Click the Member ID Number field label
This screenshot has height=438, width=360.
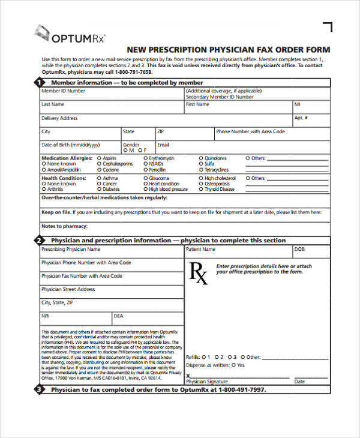pyautogui.click(x=63, y=91)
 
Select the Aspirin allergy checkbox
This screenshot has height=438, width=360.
pyautogui.click(x=100, y=158)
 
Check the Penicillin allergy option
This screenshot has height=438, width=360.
pyautogui.click(x=146, y=169)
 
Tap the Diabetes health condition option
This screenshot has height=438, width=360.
pyautogui.click(x=100, y=189)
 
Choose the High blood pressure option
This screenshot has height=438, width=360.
pyautogui.click(x=146, y=189)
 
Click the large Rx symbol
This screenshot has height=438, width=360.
pyautogui.click(x=199, y=272)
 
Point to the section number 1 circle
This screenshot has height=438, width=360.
pyautogui.click(x=39, y=82)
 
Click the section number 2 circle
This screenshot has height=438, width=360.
pyautogui.click(x=39, y=241)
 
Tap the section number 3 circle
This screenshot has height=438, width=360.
pyautogui.click(x=39, y=389)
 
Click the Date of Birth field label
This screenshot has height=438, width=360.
pyautogui.click(x=70, y=145)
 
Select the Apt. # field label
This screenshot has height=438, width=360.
pyautogui.click(x=301, y=118)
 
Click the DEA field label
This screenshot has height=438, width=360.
pyautogui.click(x=119, y=316)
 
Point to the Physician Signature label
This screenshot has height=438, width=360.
pyautogui.click(x=208, y=382)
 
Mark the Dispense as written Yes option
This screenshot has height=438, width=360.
pyautogui.click(x=235, y=365)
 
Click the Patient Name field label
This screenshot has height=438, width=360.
pyautogui.click(x=200, y=249)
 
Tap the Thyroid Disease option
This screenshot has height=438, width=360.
pyautogui.click(x=201, y=189)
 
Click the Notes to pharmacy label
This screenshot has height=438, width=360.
pyautogui.click(x=64, y=226)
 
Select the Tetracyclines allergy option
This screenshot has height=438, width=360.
pyautogui.click(x=201, y=169)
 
